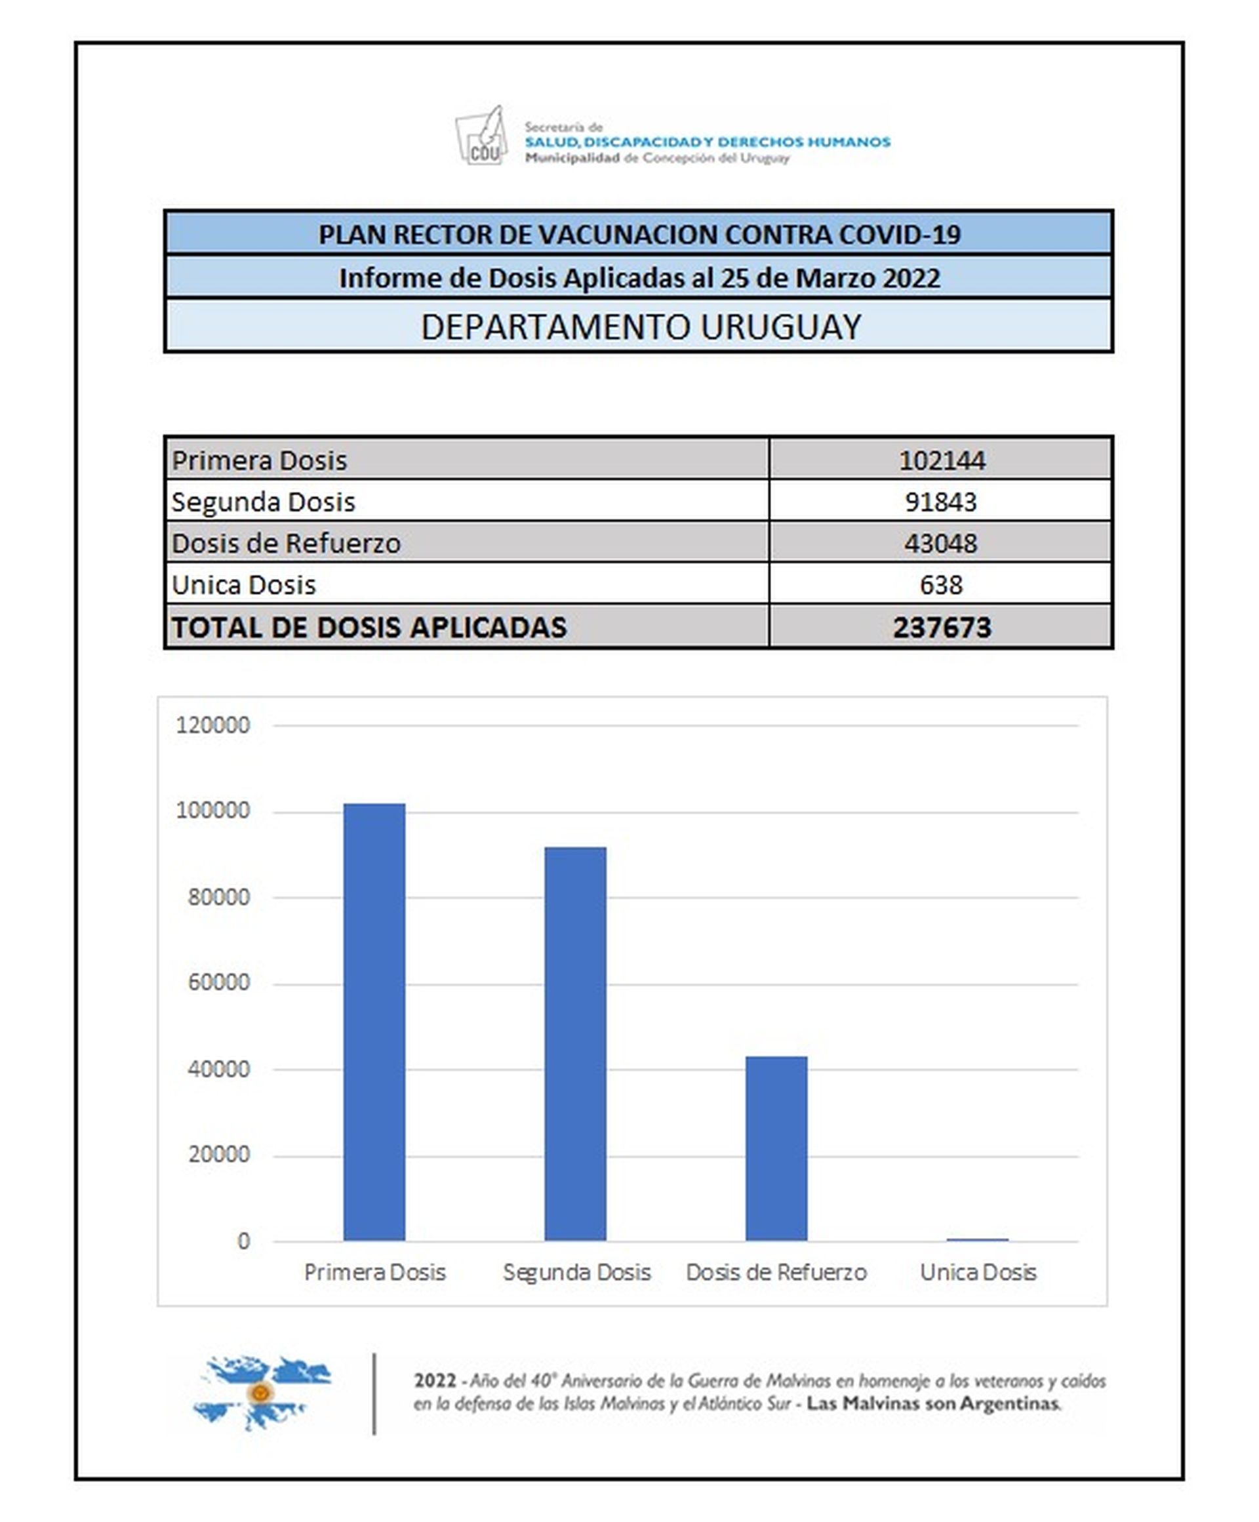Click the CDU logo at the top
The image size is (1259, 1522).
(x=481, y=136)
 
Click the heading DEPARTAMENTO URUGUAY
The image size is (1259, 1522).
(x=640, y=327)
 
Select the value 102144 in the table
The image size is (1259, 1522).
(x=941, y=460)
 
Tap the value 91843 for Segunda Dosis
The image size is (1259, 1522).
(x=940, y=502)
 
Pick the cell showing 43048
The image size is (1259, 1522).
(x=940, y=543)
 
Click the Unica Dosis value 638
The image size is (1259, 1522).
(x=940, y=584)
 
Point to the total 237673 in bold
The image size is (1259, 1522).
(x=941, y=627)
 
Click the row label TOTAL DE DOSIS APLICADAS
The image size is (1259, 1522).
(x=369, y=627)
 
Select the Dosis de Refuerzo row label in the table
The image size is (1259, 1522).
(x=286, y=543)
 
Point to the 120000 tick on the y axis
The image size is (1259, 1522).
(x=212, y=725)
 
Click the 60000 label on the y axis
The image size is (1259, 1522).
(x=218, y=982)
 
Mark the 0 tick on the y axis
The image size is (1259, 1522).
(x=243, y=1241)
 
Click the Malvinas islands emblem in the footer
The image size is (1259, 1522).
(x=261, y=1392)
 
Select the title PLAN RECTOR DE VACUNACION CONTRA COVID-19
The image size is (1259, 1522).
(x=639, y=234)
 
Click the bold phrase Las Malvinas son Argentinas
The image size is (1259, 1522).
(x=933, y=1404)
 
